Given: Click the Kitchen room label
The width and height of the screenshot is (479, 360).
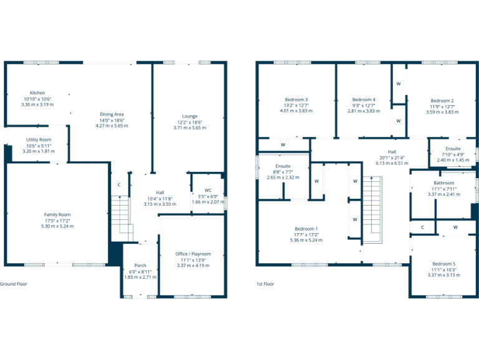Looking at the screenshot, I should pyautogui.click(x=37, y=93).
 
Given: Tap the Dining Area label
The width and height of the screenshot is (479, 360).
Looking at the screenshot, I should pyautogui.click(x=112, y=114).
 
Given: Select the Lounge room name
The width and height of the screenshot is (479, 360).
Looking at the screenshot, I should pyautogui.click(x=190, y=116).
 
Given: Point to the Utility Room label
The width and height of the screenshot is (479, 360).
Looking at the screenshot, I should pyautogui.click(x=39, y=140).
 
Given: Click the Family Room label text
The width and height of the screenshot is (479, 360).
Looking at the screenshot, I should pyautogui.click(x=57, y=214).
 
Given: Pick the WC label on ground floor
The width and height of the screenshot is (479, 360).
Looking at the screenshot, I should pyautogui.click(x=208, y=190).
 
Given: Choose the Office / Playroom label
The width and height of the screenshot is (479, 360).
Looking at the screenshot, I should pyautogui.click(x=193, y=254).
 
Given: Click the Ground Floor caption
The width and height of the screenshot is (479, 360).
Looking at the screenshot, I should pyautogui.click(x=14, y=284).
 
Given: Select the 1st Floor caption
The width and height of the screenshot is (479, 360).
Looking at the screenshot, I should pyautogui.click(x=265, y=284).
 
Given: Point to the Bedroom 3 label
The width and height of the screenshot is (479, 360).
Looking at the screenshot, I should pyautogui.click(x=296, y=99).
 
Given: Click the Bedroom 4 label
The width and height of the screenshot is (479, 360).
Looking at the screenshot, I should pyautogui.click(x=364, y=99).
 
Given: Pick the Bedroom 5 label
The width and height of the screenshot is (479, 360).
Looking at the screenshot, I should pyautogui.click(x=443, y=263).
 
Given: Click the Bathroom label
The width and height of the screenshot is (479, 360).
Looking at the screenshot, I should pyautogui.click(x=443, y=182).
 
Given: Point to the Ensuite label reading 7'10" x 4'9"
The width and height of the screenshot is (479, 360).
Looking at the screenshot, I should pyautogui.click(x=452, y=149).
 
